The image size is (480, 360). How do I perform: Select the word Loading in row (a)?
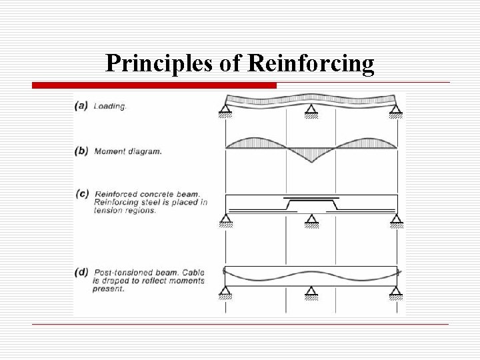pyautogui.click(x=109, y=105)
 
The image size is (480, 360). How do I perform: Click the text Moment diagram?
pyautogui.click(x=128, y=151)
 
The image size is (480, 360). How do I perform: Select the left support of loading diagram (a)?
pyautogui.click(x=226, y=111)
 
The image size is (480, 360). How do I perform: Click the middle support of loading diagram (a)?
pyautogui.click(x=311, y=111)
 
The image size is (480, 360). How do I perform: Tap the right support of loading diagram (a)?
pyautogui.click(x=397, y=111)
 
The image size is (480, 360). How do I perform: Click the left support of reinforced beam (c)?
pyautogui.click(x=226, y=221)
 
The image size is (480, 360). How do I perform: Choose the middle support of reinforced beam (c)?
pyautogui.click(x=311, y=221)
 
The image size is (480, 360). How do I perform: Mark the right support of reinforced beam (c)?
pyautogui.click(x=397, y=221)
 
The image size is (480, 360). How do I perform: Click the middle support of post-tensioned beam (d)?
pyautogui.click(x=311, y=291)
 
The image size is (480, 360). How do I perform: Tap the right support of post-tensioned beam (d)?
pyautogui.click(x=397, y=291)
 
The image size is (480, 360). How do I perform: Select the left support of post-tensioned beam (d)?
pyautogui.click(x=226, y=291)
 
